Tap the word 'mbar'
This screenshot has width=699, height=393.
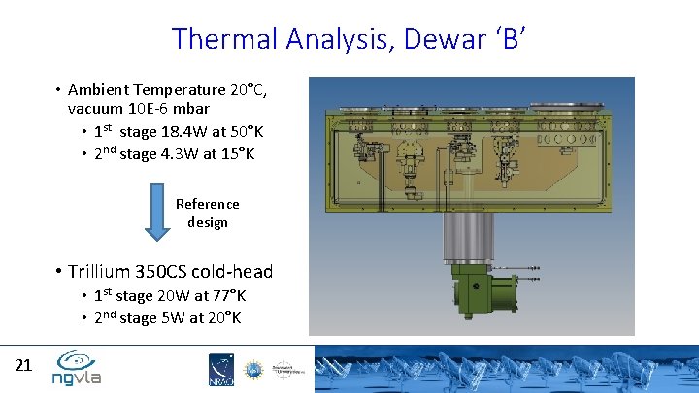190,108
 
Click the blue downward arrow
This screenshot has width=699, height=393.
156,213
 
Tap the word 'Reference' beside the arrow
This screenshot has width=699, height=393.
207,204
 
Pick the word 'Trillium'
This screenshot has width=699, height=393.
101,272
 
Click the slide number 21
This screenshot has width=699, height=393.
24,366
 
